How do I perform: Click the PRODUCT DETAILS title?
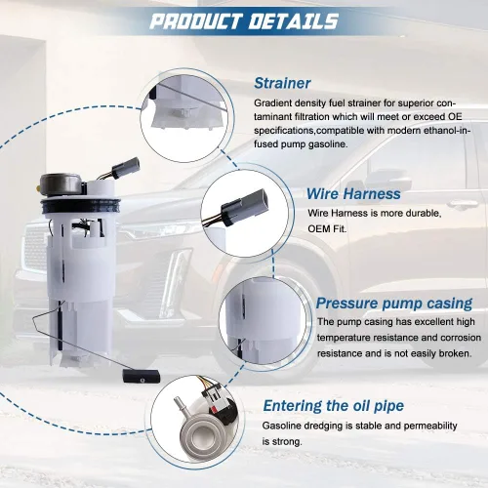point(244,21)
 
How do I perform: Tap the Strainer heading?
point(282,83)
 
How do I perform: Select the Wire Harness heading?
point(353,193)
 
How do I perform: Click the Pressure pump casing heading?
point(394,304)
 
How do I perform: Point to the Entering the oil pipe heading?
point(334,406)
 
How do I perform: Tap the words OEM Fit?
point(327,228)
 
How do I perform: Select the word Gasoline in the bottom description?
point(281,426)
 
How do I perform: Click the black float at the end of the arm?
point(142,377)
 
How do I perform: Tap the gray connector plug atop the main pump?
point(126,167)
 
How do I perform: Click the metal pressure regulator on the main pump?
point(61,184)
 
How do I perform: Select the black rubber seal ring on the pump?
point(81,205)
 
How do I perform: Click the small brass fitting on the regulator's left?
point(39,187)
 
